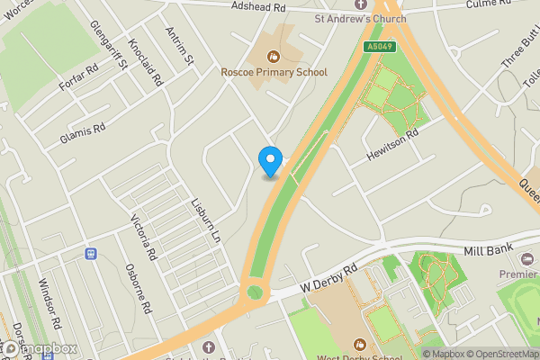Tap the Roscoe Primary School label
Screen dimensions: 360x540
pos(274,71)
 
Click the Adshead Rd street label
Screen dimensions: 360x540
pos(258,7)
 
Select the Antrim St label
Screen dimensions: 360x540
pos(180,47)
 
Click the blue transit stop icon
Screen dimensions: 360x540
pos(90,254)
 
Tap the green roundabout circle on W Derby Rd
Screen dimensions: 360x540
pos(255,292)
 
